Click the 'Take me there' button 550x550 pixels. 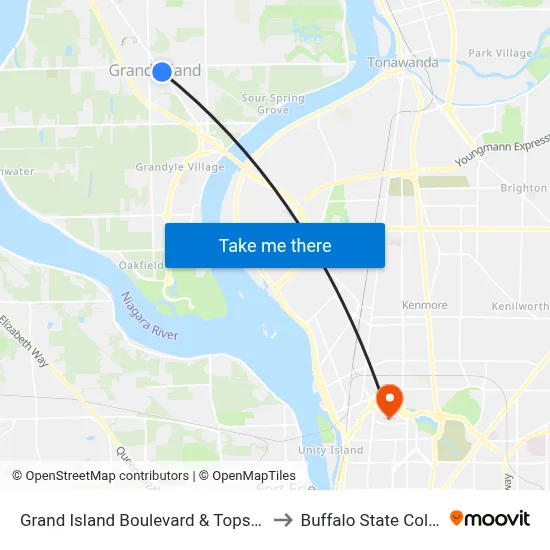tap(274, 245)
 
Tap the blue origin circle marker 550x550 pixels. tap(161, 71)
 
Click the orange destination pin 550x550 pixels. tap(388, 401)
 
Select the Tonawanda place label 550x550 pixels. tap(403, 62)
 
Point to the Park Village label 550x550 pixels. tap(500, 53)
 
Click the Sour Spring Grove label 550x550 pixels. tap(273, 104)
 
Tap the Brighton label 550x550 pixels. tap(523, 188)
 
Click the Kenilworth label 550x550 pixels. tap(519, 306)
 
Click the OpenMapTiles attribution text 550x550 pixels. tap(247, 476)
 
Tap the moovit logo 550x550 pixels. tap(490, 518)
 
